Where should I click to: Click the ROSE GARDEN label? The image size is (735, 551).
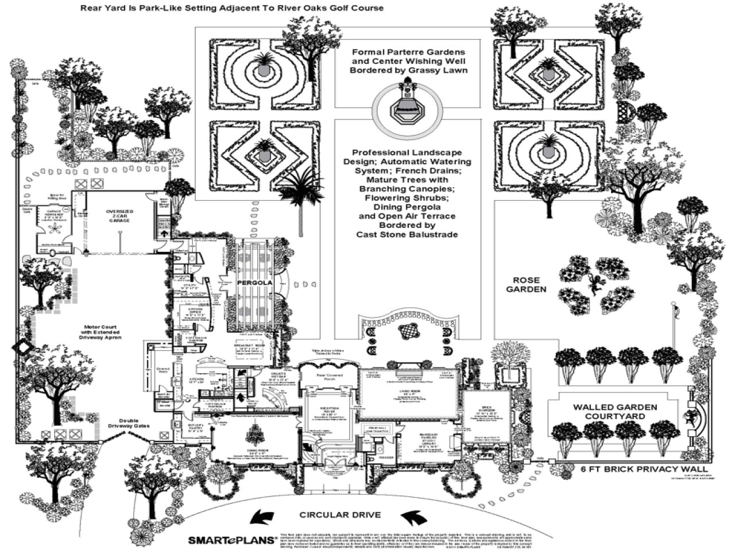click(523, 285)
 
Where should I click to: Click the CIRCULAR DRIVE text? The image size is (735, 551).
click(339, 515)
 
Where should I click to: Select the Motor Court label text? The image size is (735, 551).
click(100, 331)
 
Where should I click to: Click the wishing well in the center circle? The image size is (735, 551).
click(407, 105)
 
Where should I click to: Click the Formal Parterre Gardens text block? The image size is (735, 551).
click(409, 61)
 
